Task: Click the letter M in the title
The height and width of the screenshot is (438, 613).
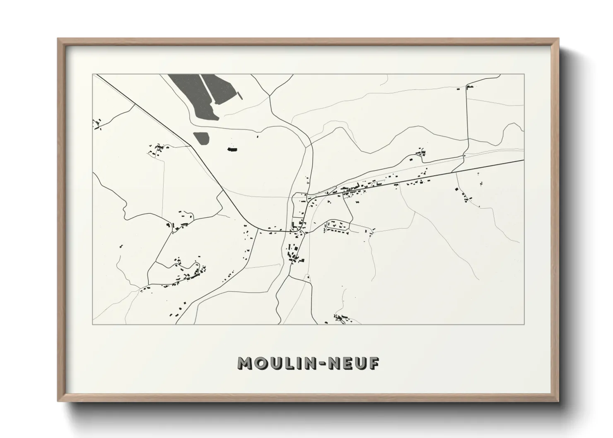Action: coord(245,363)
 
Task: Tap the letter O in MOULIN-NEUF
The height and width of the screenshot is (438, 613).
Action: coord(261,363)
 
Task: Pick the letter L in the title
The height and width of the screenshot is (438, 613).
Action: coord(290,363)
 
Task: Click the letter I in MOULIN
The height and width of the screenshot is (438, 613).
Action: coord(300,363)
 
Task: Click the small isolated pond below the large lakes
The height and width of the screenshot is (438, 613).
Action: coord(201,138)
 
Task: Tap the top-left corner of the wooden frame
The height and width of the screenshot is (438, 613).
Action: coord(59,39)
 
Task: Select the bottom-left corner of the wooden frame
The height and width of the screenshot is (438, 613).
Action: coord(59,401)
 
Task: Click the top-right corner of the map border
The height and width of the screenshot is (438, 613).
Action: coord(524,74)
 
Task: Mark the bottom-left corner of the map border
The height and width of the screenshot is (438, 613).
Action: coord(93,324)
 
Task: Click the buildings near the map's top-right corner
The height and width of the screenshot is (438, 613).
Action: coord(468,87)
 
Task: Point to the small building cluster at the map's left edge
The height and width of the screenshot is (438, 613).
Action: coord(98,124)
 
